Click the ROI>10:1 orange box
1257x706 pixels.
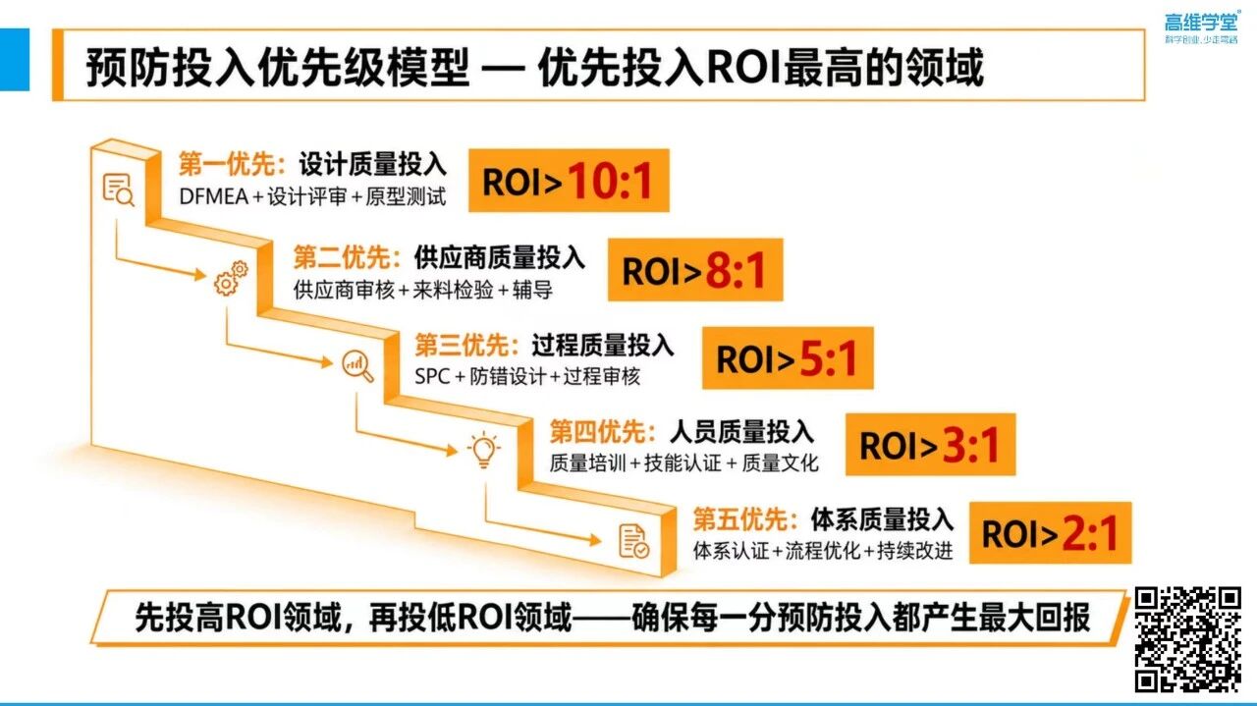coord(569,180)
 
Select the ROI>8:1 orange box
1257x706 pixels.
coord(695,269)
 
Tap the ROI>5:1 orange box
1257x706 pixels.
coord(788,357)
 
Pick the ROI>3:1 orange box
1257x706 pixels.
coord(930,445)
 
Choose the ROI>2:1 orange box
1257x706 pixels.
coord(1051,532)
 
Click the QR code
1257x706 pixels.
coord(1187,640)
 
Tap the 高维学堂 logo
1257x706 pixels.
coord(1201,27)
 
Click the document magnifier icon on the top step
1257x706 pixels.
coord(119,190)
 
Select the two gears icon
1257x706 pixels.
coord(231,278)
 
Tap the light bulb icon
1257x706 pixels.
coord(484,450)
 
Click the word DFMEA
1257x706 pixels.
coord(214,197)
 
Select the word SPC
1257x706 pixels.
coord(432,376)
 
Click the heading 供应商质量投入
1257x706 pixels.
coord(500,257)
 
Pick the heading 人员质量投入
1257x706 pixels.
coord(741,432)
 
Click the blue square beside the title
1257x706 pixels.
coord(15,60)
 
